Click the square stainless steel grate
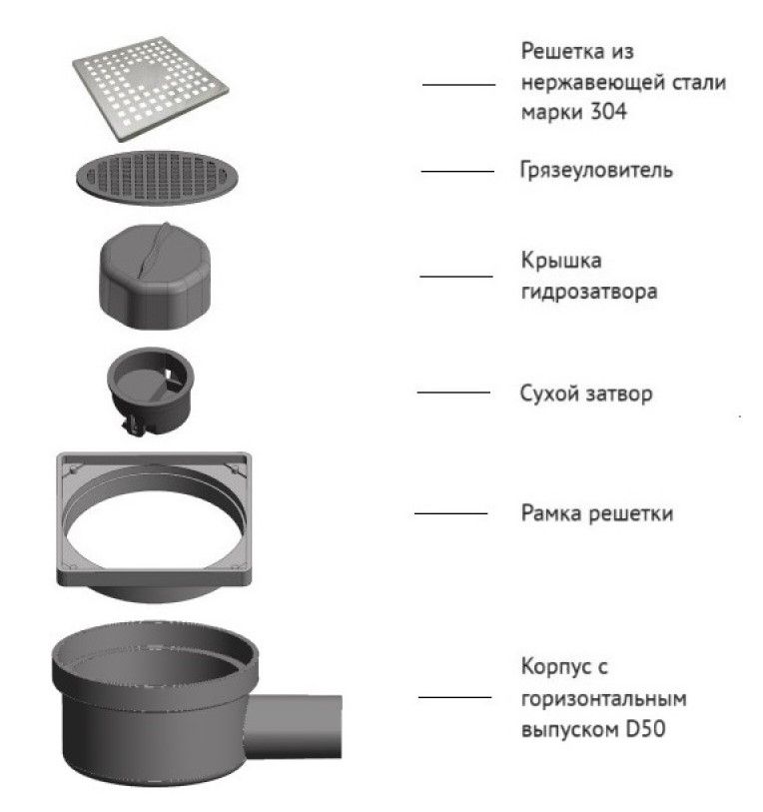pos(150,88)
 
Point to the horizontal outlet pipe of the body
pos(296,726)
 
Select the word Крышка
pos(561,260)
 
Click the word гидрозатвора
pos(589,291)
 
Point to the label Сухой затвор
pos(586,394)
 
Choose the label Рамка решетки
pos(597,513)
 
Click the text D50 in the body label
pos(645,729)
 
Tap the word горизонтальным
pos(604,698)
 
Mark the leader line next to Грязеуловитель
pos(457,171)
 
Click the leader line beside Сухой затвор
pos(453,393)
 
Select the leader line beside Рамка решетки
pos(450,513)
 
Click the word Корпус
pos(558,667)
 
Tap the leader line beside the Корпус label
pos(454,697)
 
